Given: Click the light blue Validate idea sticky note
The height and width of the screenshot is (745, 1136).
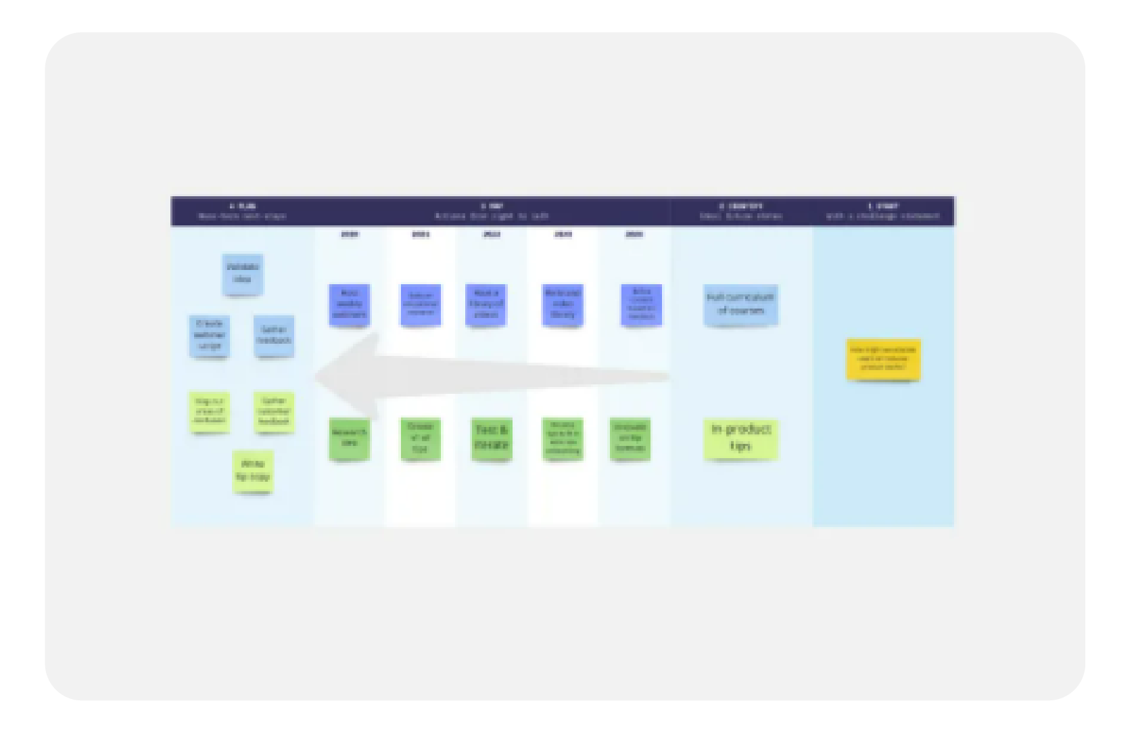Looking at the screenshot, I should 242,274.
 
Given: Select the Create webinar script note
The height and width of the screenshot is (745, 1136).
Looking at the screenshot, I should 209,336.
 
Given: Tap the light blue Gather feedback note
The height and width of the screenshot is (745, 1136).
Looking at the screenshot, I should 274,335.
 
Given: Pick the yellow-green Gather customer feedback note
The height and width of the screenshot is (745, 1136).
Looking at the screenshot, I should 274,411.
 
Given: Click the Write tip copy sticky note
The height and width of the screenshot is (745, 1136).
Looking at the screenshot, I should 253,471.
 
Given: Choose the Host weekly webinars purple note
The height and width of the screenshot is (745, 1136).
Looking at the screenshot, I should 349,304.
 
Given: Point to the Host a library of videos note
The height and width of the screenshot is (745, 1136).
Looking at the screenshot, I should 486,304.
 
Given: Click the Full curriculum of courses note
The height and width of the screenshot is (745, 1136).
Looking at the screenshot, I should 740,304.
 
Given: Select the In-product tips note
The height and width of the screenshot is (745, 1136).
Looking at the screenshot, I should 740,438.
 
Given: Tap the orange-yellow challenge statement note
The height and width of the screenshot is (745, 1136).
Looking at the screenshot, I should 883,359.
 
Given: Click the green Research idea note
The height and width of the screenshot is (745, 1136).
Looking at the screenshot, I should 349,438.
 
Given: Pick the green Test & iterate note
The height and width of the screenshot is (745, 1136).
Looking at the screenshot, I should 492,438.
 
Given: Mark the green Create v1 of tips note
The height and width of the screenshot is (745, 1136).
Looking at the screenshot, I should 420,438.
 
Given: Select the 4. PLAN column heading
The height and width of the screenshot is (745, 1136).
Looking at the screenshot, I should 242,206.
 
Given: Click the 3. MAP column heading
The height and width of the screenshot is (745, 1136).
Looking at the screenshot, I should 492,206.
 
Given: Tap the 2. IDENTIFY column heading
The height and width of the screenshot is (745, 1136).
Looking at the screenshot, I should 740,206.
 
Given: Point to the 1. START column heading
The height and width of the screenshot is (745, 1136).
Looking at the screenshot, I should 882,206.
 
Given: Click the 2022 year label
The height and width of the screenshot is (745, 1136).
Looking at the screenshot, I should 492,234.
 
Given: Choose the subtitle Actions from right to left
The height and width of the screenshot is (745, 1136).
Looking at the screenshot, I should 492,217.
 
